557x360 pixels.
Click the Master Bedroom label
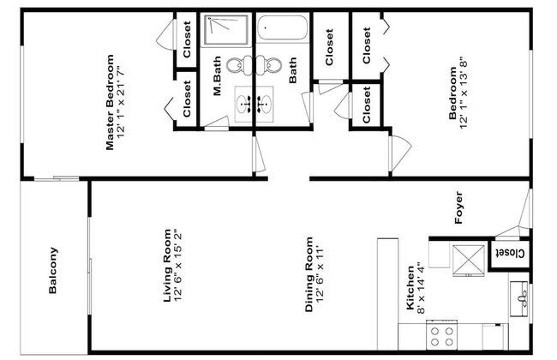[x=111, y=102]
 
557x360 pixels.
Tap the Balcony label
[x=52, y=270]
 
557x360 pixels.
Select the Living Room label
[x=167, y=266]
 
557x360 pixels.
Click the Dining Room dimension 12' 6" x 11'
[x=320, y=273]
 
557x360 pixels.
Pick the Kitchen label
[x=410, y=287]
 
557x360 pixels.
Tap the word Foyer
[x=458, y=207]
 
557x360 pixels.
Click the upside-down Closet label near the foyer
[x=510, y=254]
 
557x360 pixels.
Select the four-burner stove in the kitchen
[x=442, y=335]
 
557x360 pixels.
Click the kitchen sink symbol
[x=519, y=299]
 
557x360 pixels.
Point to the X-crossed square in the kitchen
[x=469, y=261]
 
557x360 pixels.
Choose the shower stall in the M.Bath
[x=226, y=31]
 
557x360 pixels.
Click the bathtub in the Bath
[x=282, y=28]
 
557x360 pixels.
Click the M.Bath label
[x=217, y=75]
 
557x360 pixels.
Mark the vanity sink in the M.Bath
[x=243, y=104]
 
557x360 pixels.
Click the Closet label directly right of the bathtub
[x=329, y=47]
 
